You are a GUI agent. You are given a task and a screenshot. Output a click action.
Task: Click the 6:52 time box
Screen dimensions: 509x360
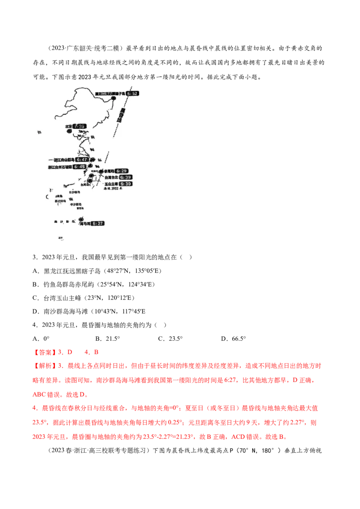point(134,94)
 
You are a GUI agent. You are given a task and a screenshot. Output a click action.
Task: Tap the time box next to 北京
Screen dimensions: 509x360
point(80,127)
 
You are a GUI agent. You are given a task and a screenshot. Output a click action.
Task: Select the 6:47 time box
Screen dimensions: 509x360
point(82,160)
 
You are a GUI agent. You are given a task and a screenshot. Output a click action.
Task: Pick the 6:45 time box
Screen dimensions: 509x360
point(81,167)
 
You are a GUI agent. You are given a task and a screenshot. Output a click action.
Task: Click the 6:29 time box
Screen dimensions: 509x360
point(121,171)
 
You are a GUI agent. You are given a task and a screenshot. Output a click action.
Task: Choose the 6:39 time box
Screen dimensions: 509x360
point(126,178)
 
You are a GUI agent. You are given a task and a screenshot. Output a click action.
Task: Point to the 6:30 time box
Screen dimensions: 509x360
point(126,184)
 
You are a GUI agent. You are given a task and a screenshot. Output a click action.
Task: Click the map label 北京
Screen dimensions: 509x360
point(68,127)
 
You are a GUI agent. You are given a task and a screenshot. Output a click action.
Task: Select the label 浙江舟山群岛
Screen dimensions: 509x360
point(63,160)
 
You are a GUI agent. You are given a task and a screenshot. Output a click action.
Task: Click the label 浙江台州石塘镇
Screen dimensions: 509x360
point(61,167)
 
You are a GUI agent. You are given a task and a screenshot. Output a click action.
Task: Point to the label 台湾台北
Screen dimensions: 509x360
point(111,178)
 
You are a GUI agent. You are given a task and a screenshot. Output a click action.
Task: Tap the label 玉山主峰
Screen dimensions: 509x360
point(111,184)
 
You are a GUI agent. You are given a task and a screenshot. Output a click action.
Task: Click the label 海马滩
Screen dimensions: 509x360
point(85,223)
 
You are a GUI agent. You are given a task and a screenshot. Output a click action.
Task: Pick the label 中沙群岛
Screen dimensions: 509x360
point(76,205)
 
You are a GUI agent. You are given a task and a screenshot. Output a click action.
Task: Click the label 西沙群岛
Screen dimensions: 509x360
point(60,201)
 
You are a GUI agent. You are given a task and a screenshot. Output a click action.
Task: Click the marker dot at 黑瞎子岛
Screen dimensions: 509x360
point(114,97)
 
